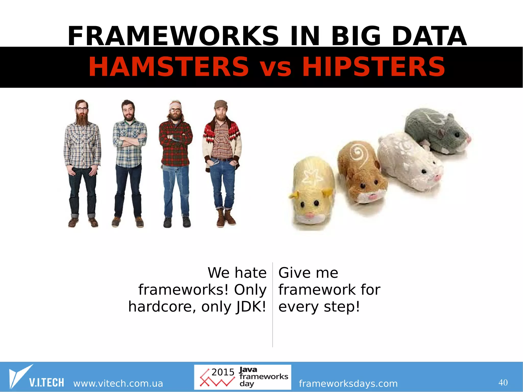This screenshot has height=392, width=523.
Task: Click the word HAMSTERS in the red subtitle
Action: coord(169,67)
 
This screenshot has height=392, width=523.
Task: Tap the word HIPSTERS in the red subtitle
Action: coord(374,67)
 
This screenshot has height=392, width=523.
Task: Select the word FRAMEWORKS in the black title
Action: coord(173,36)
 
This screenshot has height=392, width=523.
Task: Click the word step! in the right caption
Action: coord(342,307)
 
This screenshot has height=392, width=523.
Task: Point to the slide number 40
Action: coord(503,383)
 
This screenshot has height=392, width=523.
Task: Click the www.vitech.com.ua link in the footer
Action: coord(118,383)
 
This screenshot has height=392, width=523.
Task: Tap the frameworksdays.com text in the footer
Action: coord(348,383)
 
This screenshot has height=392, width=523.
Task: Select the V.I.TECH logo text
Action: coord(46,383)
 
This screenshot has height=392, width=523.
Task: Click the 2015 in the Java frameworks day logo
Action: coord(223,372)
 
